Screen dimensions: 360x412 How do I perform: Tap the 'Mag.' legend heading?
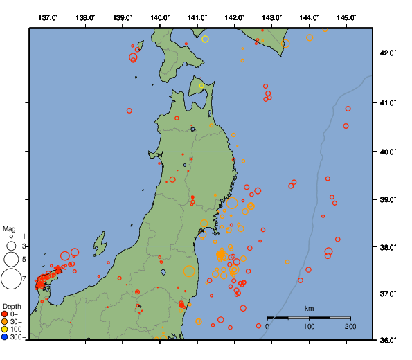coord(10,228)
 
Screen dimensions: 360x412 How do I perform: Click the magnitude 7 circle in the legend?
coord(10,279)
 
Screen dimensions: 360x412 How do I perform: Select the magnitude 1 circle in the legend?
coord(10,237)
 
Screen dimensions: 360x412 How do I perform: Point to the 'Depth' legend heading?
coord(12,306)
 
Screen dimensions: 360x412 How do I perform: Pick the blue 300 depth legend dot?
coord(5,337)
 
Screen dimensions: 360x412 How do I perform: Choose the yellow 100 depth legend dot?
coord(5,330)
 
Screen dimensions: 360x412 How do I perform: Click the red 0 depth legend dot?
coord(5,314)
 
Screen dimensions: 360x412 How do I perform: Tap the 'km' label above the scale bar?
coord(309,308)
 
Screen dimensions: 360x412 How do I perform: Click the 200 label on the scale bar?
coord(350,326)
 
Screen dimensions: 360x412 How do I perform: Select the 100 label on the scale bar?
coord(309,326)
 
